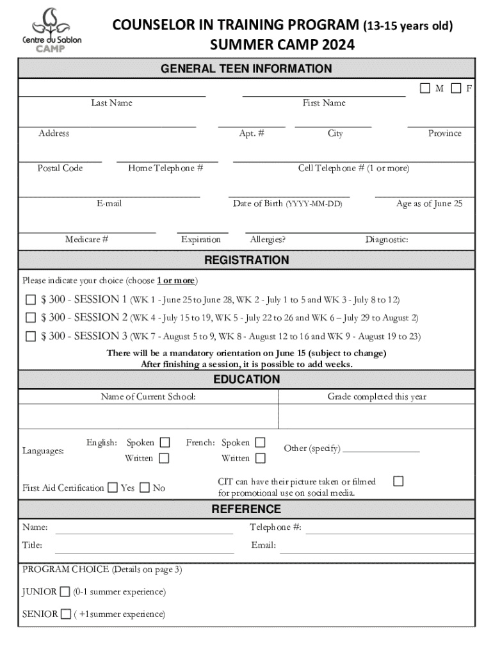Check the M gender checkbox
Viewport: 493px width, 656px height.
pos(425,88)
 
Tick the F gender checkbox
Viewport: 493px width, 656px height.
pos(456,88)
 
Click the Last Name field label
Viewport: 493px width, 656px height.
pos(111,103)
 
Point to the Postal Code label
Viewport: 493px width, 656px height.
pos(60,168)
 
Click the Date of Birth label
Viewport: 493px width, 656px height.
pos(287,204)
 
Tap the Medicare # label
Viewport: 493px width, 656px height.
pos(86,240)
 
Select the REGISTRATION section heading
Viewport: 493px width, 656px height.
pos(247,260)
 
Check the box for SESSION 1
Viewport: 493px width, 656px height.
pos(31,299)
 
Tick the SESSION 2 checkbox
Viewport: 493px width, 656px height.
pos(31,318)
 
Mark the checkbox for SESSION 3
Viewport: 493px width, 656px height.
pos(31,336)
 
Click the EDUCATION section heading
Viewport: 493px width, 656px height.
pos(247,379)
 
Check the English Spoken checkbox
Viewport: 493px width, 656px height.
pos(165,443)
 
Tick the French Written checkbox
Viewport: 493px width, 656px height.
pos(260,458)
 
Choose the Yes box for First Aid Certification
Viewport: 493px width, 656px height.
pos(113,488)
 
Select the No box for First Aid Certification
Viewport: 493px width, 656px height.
pos(144,488)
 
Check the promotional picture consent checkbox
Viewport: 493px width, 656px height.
pos(398,480)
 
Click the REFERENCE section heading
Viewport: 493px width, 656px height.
pos(247,509)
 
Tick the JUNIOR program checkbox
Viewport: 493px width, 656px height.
pos(65,591)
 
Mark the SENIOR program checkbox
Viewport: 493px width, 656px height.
pos(66,614)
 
